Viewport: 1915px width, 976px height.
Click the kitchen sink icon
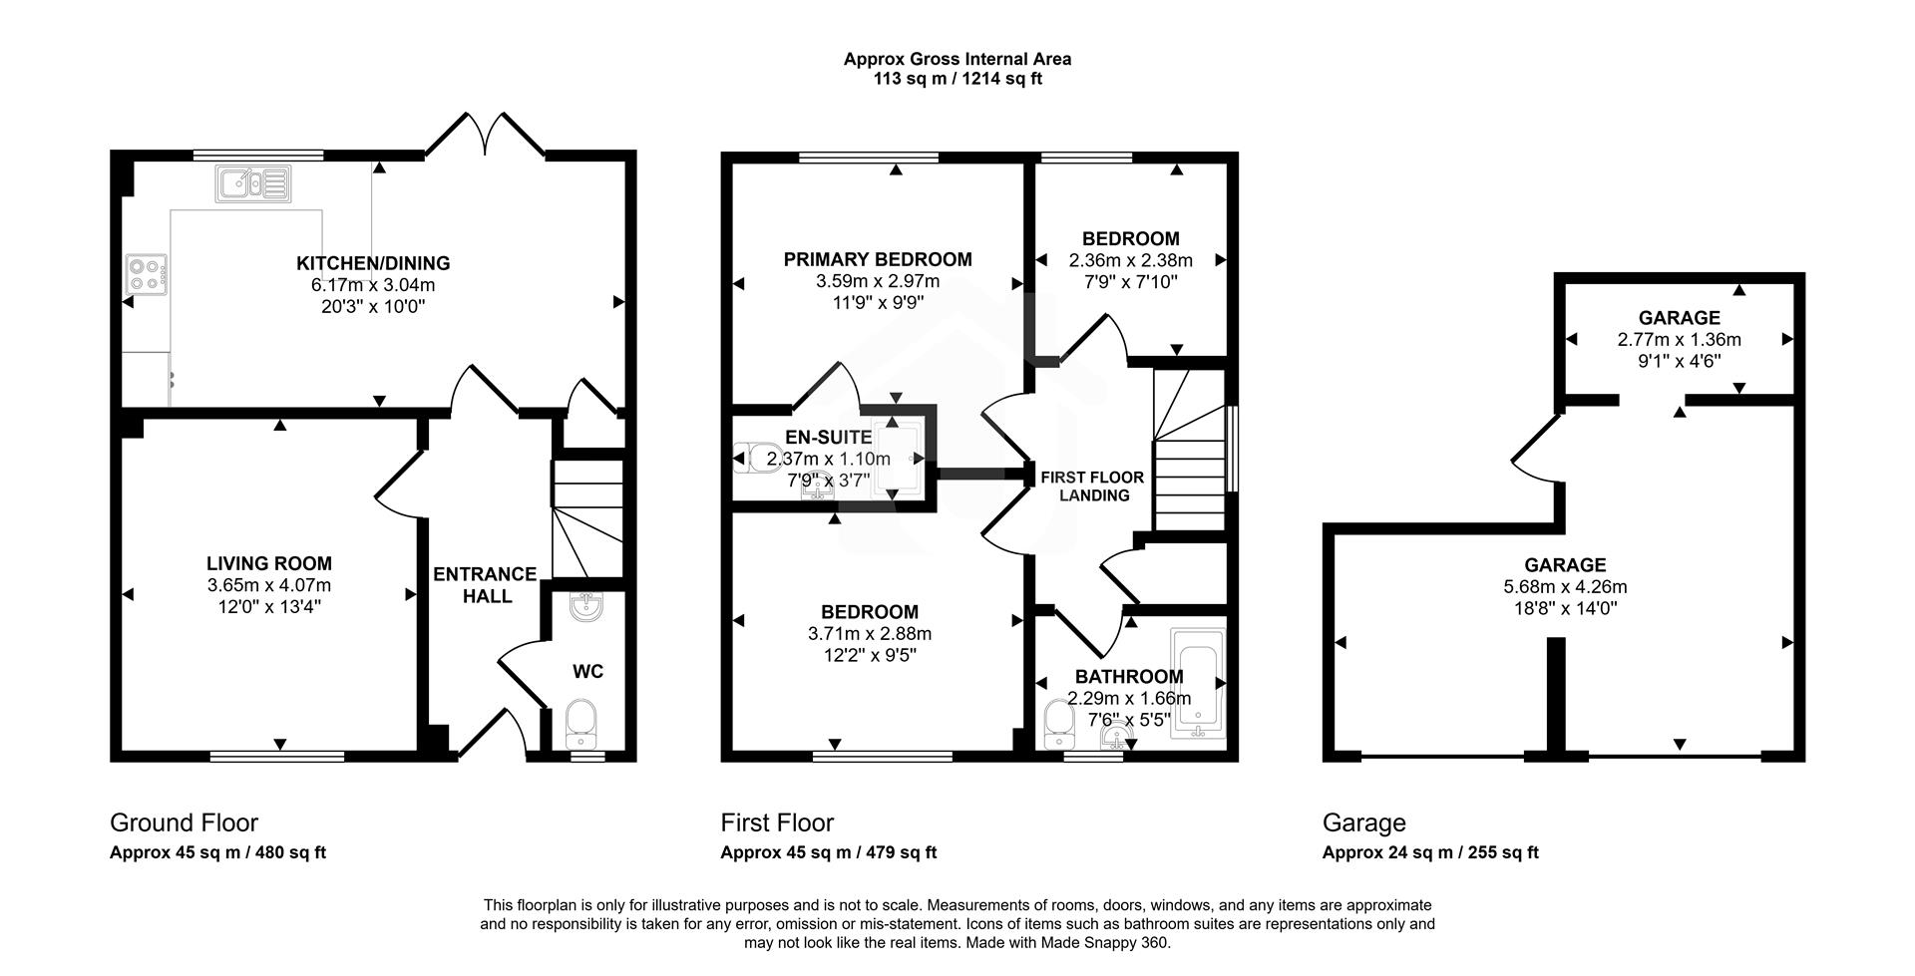tap(252, 183)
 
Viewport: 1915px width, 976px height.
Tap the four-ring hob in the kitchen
tap(146, 273)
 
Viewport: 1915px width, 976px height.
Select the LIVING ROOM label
tap(269, 563)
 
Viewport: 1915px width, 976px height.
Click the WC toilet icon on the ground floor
tap(580, 724)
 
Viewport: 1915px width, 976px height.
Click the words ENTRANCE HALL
tap(486, 585)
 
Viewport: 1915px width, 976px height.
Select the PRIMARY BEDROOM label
tap(878, 260)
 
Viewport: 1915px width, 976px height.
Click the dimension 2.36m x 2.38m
tap(1130, 260)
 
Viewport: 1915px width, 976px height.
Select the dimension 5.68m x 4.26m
tap(1565, 587)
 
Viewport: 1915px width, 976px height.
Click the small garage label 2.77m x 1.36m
tap(1679, 340)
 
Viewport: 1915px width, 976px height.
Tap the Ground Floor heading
tap(184, 822)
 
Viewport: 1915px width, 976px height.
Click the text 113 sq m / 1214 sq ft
tap(957, 79)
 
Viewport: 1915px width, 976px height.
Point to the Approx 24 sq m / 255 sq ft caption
tap(1430, 852)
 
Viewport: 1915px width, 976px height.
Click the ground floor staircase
tap(587, 518)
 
